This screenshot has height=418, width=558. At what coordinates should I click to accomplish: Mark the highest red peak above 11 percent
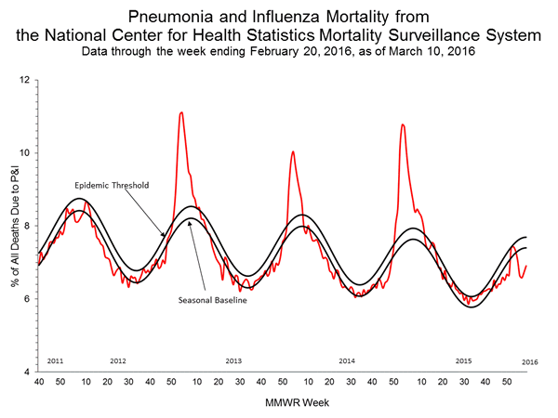point(180,112)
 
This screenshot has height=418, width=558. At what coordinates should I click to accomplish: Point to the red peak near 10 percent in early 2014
point(293,151)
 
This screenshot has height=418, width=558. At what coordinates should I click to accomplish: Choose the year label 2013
point(233,360)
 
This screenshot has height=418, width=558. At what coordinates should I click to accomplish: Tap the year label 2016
point(529,360)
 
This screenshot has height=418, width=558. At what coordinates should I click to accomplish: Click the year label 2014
point(347,360)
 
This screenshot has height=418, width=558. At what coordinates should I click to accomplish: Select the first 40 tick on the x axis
point(38,382)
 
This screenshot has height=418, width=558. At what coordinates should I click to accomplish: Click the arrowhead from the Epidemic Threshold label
point(166,235)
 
